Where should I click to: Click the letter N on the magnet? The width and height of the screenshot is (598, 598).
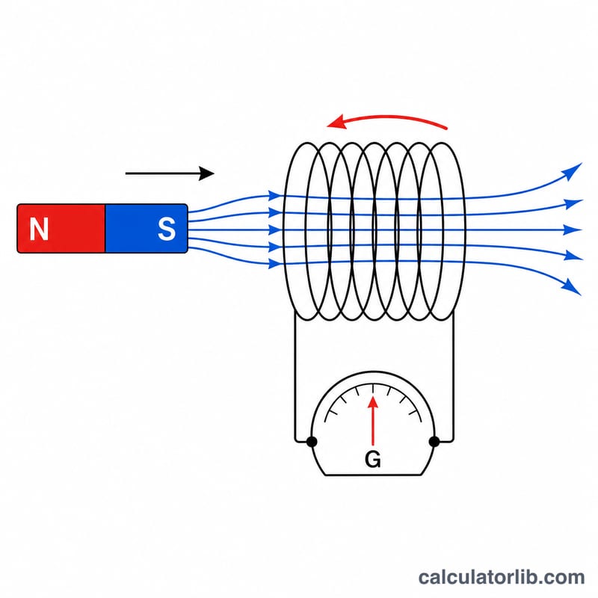[x=39, y=229]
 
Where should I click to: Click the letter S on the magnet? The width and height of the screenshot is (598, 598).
[x=167, y=229]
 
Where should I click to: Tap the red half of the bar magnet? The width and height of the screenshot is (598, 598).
[x=61, y=229]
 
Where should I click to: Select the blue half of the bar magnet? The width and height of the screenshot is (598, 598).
[x=147, y=229]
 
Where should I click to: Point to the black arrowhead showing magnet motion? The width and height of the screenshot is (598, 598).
[x=206, y=173]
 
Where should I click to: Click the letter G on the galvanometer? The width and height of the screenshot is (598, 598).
[x=372, y=459]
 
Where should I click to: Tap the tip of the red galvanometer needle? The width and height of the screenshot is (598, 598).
[x=373, y=397]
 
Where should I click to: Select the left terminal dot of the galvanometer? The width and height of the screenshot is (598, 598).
[x=312, y=442]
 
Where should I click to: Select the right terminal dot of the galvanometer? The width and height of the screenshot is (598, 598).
[x=434, y=442]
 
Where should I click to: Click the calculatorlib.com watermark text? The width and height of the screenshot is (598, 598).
[x=501, y=577]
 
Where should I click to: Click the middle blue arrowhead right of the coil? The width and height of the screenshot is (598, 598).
[x=573, y=230]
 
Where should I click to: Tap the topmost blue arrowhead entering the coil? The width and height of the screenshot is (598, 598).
[x=274, y=196]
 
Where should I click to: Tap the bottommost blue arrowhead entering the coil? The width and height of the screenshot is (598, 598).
[x=274, y=263]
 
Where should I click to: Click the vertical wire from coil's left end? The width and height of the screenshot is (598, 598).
[x=295, y=376]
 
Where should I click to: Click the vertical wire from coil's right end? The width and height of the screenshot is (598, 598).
[x=453, y=376]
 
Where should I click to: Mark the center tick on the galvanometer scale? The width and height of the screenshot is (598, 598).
[x=373, y=389]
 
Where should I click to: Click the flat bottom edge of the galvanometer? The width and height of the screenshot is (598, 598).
[x=373, y=475]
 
